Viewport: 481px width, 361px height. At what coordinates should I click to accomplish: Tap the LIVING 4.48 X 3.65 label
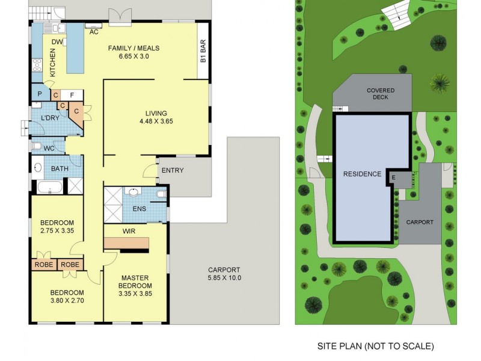point(155,117)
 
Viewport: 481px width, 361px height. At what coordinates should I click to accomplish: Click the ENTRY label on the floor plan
point(173,170)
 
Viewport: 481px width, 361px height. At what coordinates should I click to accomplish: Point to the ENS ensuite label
point(139,209)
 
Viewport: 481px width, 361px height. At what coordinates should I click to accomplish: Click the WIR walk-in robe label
point(128,230)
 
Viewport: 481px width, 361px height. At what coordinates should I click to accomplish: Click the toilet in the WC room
point(38,146)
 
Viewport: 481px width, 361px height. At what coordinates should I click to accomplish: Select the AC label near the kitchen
point(94,32)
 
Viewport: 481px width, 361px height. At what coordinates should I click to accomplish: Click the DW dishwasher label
point(57,42)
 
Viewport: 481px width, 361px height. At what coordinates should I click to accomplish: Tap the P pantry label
point(40,94)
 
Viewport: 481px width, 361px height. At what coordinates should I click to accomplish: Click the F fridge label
point(72,94)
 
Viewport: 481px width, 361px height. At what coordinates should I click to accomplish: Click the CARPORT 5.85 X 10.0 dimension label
point(224,274)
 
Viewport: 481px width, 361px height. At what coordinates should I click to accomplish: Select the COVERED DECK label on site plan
point(377,93)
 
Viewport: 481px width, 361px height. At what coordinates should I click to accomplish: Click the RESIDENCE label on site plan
point(362,174)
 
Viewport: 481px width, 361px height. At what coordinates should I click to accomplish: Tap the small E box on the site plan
point(393,177)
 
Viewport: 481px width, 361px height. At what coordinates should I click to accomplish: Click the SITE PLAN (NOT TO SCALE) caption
point(375,346)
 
